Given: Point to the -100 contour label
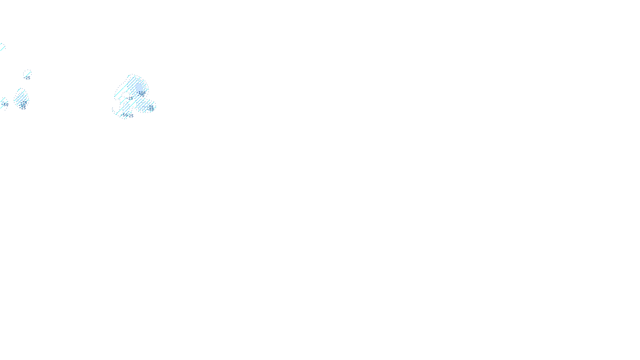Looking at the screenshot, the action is click(142, 92).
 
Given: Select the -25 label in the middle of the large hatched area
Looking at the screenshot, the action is click(130, 98).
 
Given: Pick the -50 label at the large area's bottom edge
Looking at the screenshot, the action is click(124, 115).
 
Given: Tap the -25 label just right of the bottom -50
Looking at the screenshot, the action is click(131, 116).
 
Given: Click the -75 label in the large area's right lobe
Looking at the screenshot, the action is click(151, 107).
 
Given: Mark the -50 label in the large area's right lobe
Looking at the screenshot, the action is click(151, 110).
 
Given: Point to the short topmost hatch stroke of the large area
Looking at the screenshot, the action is click(129, 76).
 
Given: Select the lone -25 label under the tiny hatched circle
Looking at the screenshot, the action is click(28, 78).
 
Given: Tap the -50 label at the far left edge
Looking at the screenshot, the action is click(5, 104).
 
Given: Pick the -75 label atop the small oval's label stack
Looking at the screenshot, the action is click(24, 103).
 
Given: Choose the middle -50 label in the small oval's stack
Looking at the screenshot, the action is click(23, 106).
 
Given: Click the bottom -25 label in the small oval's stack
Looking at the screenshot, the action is click(23, 108).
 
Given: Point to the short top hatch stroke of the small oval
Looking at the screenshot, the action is click(19, 90).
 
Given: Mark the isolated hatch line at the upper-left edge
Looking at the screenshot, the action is click(2, 47).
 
